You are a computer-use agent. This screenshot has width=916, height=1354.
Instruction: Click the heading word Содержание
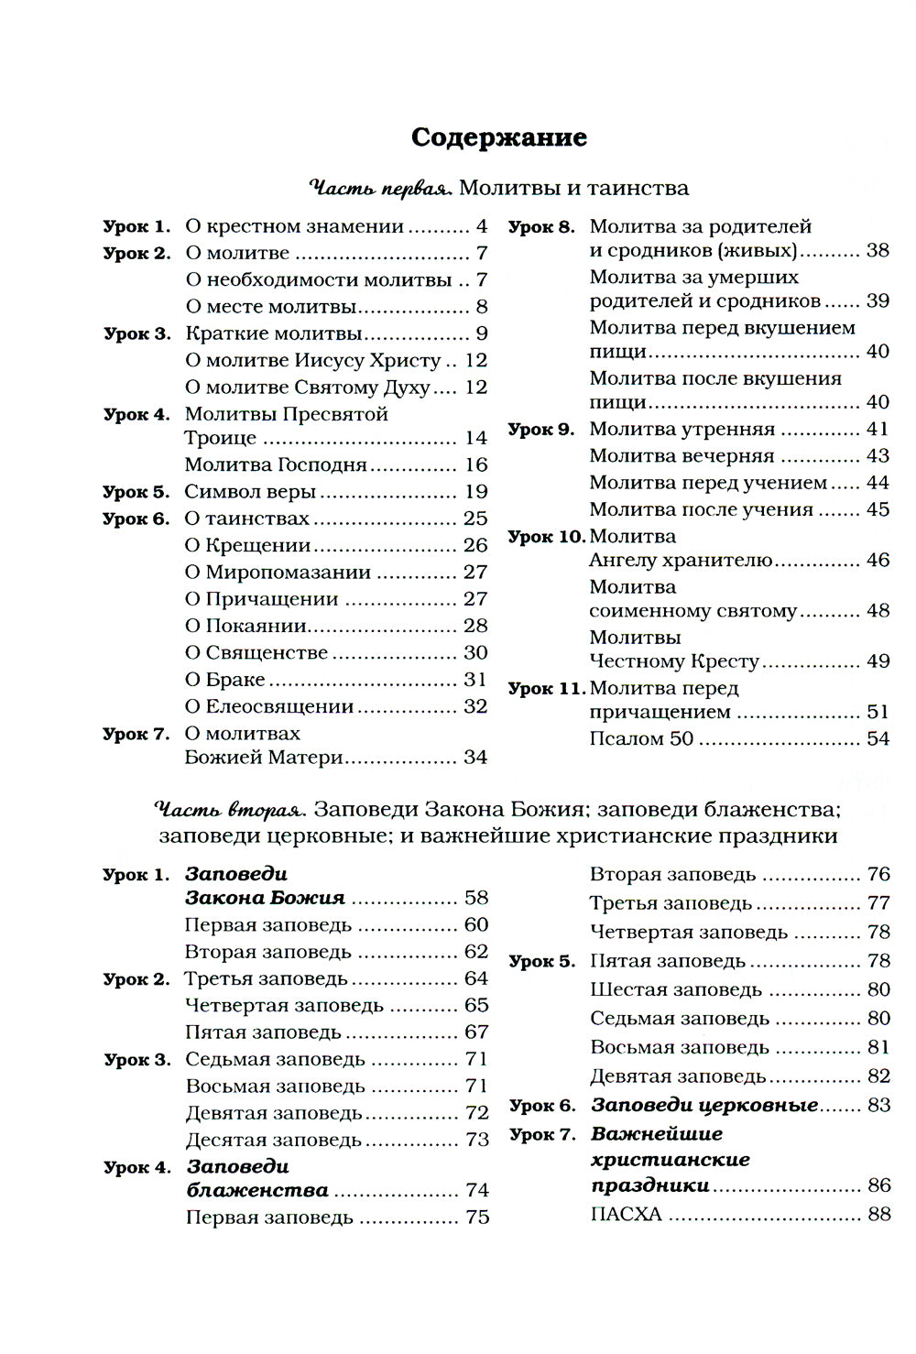tap(498, 137)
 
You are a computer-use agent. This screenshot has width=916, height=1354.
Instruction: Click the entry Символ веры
tap(250, 492)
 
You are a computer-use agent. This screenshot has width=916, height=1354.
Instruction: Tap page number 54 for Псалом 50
tap(877, 738)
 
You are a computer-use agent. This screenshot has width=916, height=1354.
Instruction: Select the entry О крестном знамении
tap(294, 226)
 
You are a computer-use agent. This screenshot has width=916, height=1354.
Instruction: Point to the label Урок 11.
tap(546, 689)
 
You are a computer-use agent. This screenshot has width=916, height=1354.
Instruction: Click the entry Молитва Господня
tap(276, 465)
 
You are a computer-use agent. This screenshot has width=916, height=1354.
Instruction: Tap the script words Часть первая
tap(380, 189)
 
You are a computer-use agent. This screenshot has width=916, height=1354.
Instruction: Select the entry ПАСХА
tap(626, 1216)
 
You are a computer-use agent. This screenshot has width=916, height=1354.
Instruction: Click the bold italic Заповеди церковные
tap(704, 1106)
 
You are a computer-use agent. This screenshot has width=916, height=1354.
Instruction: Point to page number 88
tap(878, 1215)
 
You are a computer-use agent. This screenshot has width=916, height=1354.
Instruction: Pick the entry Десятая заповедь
tap(274, 1141)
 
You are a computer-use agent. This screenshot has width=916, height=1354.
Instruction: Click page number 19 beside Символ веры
tap(475, 492)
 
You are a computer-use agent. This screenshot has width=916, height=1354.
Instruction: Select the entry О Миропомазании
tap(278, 573)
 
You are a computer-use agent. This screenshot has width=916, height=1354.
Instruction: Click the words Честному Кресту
tap(674, 661)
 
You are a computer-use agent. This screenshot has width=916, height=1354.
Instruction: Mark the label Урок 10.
tap(546, 538)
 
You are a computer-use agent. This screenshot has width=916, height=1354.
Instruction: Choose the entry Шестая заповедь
tap(676, 990)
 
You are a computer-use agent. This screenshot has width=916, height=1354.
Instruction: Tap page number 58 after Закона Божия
tap(476, 898)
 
